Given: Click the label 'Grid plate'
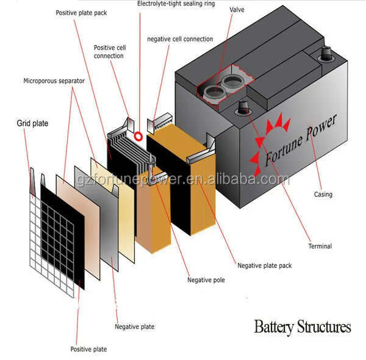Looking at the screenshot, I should coord(32,123).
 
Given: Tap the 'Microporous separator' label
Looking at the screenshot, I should coord(54,81).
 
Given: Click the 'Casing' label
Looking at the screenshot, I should coord(323,195).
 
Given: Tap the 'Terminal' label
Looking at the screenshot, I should coord(320,247).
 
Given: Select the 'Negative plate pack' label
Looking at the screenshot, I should coord(264,265).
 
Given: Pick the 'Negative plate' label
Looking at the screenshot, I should coord(134,327).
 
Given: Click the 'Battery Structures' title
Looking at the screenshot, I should coord(303,326).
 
